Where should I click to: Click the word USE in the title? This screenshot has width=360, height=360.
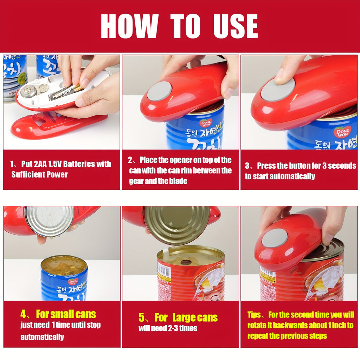click(235, 26)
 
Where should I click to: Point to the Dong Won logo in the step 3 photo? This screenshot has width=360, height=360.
click(342, 132)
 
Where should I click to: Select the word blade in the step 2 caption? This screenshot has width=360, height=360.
click(178, 181)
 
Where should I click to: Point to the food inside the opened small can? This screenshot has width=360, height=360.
click(64, 265)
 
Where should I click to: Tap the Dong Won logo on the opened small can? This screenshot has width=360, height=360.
click(73, 282)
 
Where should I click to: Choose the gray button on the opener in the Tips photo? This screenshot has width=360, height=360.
click(275, 238)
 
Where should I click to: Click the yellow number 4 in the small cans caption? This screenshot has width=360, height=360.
click(23, 314)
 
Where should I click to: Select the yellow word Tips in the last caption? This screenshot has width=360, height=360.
click(254, 315)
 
